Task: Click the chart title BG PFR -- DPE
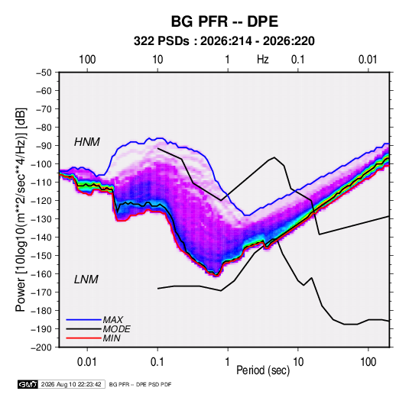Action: tap(225, 21)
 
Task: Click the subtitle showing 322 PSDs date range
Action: tap(224, 41)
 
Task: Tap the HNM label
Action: tap(87, 142)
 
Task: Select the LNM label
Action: tap(86, 280)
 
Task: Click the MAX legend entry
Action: tap(113, 319)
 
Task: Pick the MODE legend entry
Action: tap(117, 329)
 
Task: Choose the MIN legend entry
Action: tap(112, 338)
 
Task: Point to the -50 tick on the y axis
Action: tap(44, 73)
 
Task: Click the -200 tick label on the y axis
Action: tap(41, 347)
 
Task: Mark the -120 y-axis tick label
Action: tap(41, 201)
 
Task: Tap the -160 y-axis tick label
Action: tap(41, 274)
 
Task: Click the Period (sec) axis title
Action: tap(263, 370)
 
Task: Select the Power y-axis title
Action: tap(21, 210)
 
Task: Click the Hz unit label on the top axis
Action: tap(263, 60)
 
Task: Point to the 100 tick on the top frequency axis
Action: tap(87, 60)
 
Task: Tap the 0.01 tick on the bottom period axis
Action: tap(87, 362)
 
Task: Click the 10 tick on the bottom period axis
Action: tap(298, 362)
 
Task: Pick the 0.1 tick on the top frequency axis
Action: tap(298, 60)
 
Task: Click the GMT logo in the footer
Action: tap(28, 384)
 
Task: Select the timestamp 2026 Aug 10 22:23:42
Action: tap(71, 384)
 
